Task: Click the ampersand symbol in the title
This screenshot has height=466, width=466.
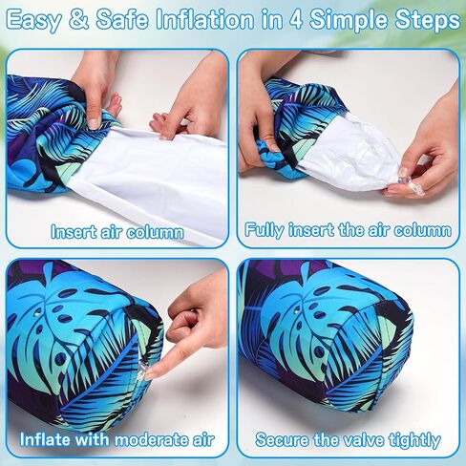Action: (x=78, y=20)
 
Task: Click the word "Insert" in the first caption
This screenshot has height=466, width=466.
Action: (x=74, y=231)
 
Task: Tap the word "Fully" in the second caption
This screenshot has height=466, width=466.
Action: (x=265, y=230)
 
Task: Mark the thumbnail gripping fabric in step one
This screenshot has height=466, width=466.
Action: (x=95, y=123)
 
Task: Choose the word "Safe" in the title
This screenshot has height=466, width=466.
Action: (x=122, y=20)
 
